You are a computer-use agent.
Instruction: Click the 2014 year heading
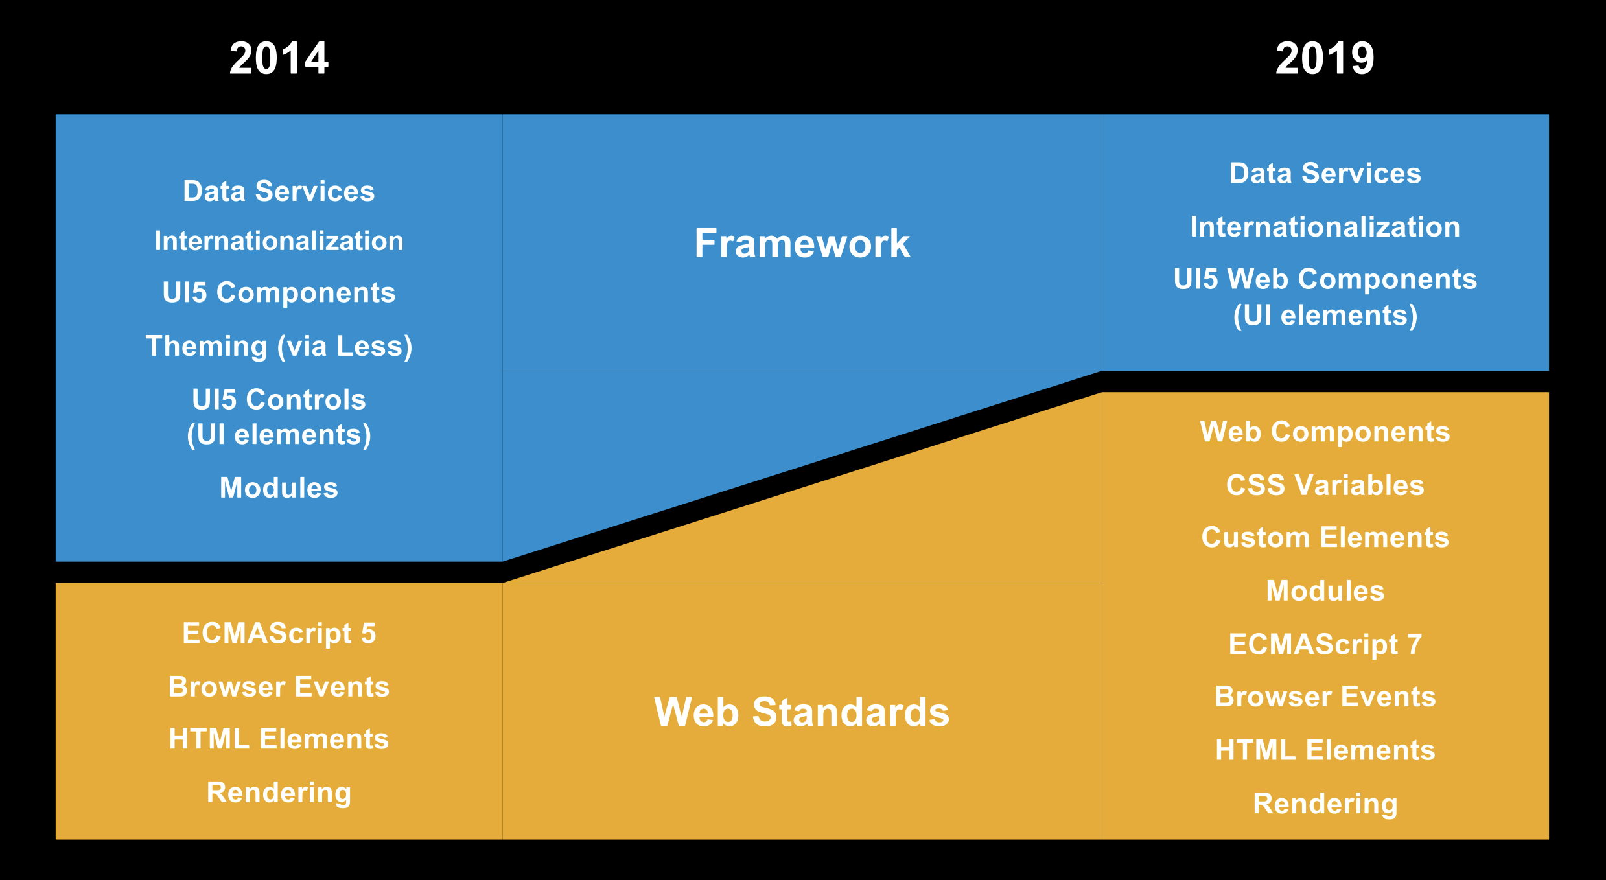pyautogui.click(x=279, y=58)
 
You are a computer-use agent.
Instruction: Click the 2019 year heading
pyautogui.click(x=1325, y=58)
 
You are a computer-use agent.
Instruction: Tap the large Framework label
pyautogui.click(x=802, y=244)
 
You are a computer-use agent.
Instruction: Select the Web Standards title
pyautogui.click(x=802, y=712)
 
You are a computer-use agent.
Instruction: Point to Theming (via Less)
pyautogui.click(x=279, y=346)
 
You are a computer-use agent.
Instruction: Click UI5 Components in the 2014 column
pyautogui.click(x=279, y=292)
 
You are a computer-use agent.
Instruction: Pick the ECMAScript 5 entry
pyautogui.click(x=279, y=633)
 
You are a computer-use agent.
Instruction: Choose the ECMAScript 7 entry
pyautogui.click(x=1325, y=644)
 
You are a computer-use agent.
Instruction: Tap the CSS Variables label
pyautogui.click(x=1325, y=485)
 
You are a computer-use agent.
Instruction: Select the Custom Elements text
pyautogui.click(x=1325, y=537)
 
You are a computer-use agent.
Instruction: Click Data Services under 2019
pyautogui.click(x=1325, y=173)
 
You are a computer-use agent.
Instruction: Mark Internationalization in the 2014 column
pyautogui.click(x=279, y=241)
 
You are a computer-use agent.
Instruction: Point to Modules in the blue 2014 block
pyautogui.click(x=279, y=487)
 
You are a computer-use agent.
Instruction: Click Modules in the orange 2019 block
pyautogui.click(x=1325, y=590)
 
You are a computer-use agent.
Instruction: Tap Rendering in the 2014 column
pyautogui.click(x=279, y=793)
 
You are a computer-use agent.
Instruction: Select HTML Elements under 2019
pyautogui.click(x=1325, y=750)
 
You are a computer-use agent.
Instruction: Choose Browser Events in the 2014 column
pyautogui.click(x=279, y=686)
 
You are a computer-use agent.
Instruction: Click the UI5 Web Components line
pyautogui.click(x=1325, y=279)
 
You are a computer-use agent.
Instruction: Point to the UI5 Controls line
pyautogui.click(x=279, y=399)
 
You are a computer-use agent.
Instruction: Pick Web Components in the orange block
pyautogui.click(x=1325, y=432)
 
